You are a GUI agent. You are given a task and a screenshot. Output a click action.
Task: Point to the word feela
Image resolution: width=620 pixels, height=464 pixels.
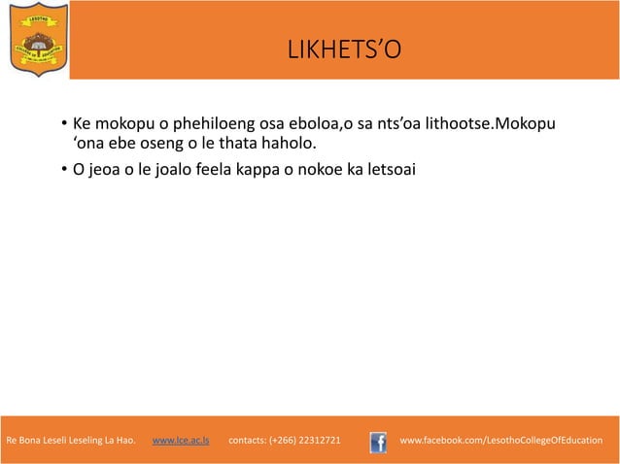pyautogui.click(x=225, y=171)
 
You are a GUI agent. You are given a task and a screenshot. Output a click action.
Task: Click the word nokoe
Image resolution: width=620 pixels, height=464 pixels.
pyautogui.click(x=328, y=171)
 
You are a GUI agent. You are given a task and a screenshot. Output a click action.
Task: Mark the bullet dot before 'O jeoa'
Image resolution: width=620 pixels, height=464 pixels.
pyautogui.click(x=61, y=172)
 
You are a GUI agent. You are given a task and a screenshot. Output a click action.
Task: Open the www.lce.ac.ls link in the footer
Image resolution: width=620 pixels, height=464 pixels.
pyautogui.click(x=180, y=441)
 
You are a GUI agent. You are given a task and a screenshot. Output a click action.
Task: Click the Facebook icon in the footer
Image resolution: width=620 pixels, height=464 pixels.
pyautogui.click(x=379, y=442)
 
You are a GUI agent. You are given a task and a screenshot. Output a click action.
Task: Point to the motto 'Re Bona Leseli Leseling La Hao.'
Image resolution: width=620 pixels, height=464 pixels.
pyautogui.click(x=71, y=441)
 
